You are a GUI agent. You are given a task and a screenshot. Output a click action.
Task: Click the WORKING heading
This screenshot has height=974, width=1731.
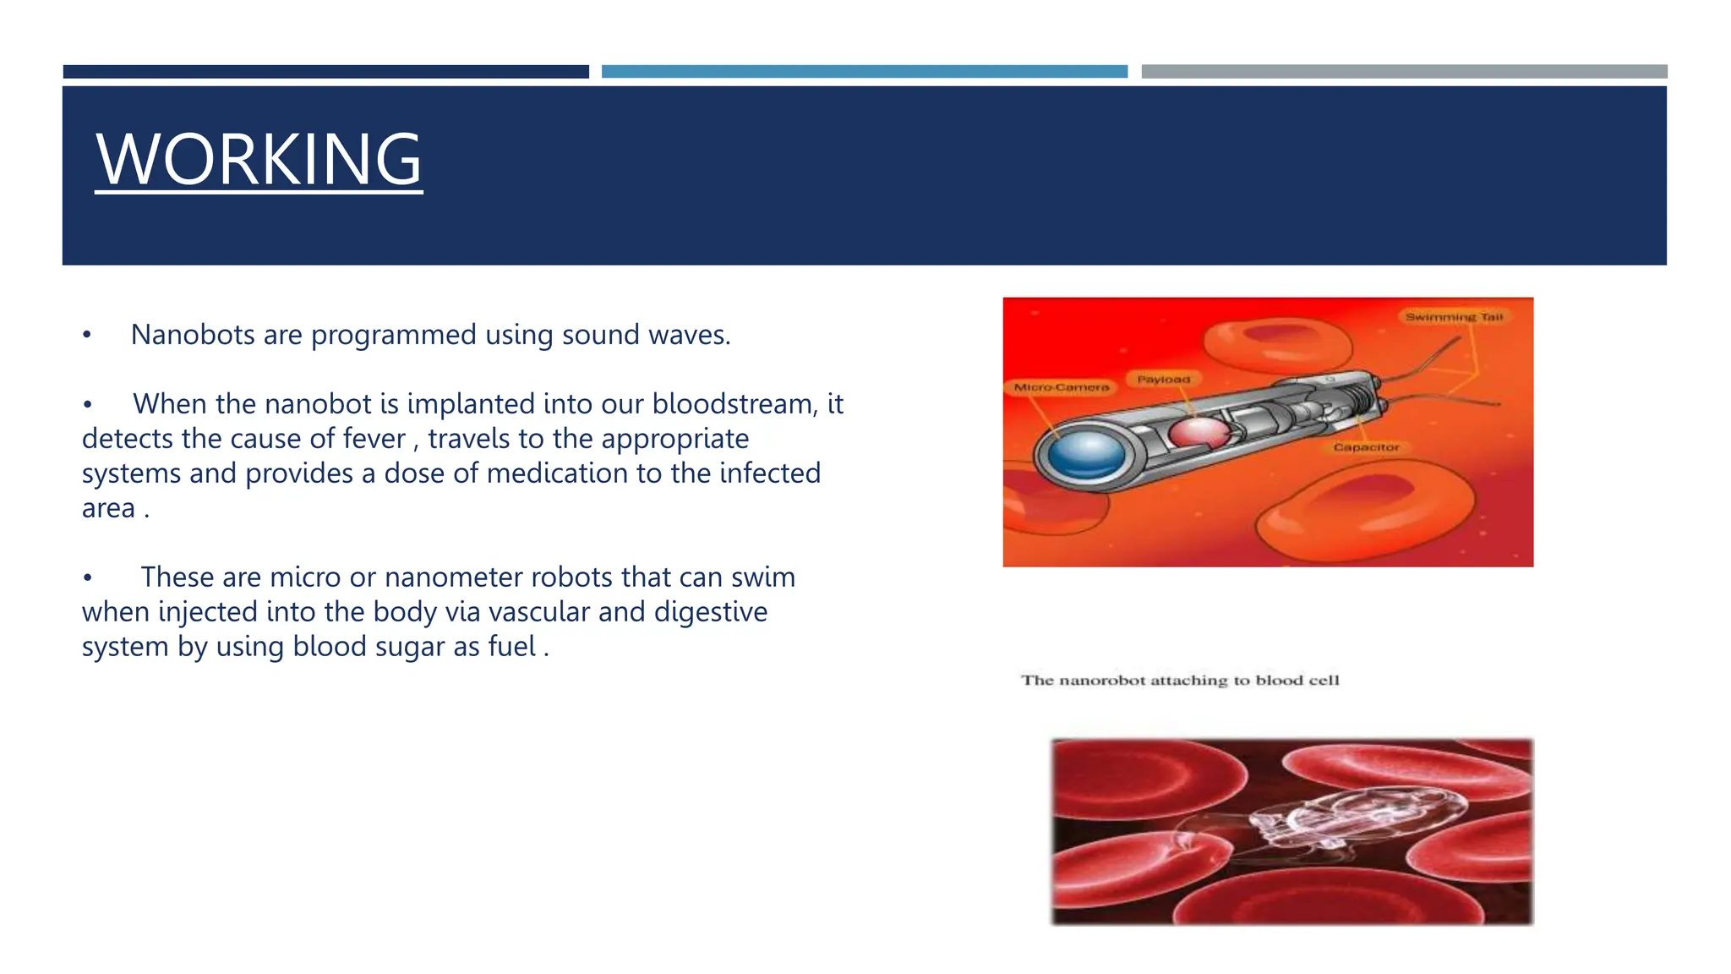tap(259, 160)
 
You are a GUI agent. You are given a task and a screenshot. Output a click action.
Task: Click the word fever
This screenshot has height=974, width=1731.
tap(374, 440)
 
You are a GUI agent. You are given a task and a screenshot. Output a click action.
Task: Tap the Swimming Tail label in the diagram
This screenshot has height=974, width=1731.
tap(1454, 317)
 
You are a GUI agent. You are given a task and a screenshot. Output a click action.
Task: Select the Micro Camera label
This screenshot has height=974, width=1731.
tap(1061, 387)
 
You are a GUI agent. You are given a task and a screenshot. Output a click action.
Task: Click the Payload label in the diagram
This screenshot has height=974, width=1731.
tap(1163, 380)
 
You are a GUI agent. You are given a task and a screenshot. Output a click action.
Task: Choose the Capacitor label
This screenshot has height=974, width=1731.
tap(1366, 447)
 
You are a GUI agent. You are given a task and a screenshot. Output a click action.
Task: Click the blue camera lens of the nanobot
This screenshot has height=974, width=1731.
tap(1085, 455)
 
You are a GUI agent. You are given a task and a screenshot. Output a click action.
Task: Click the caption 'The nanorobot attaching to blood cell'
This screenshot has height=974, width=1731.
tap(1180, 681)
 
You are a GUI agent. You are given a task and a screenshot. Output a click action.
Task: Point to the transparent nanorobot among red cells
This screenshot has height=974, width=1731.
tap(1319, 824)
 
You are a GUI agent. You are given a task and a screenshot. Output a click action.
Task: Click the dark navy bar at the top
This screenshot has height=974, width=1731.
tap(325, 72)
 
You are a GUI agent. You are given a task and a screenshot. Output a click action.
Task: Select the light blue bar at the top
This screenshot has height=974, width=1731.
tap(864, 72)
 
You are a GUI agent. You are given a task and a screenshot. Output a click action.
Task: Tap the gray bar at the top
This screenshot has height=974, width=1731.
tap(1404, 72)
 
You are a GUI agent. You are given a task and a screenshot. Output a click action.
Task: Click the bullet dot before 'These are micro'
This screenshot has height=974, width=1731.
tap(87, 578)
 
